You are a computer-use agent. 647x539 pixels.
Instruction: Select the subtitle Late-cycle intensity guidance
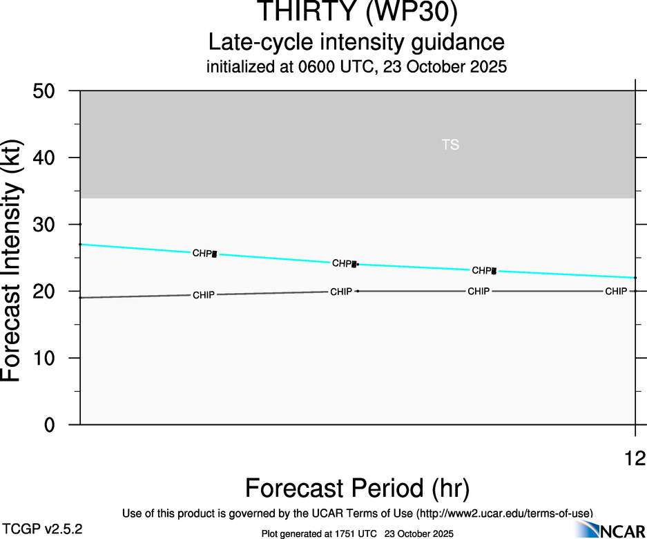pyautogui.click(x=356, y=42)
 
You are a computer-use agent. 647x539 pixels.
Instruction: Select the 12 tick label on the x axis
pyautogui.click(x=635, y=457)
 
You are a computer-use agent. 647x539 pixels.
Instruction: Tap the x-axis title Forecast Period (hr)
pyautogui.click(x=357, y=488)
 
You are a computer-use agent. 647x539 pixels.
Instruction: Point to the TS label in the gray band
pyautogui.click(x=450, y=145)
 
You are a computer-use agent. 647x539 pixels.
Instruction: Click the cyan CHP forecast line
pyautogui.click(x=276, y=259)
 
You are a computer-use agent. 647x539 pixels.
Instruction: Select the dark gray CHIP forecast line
pyautogui.click(x=276, y=293)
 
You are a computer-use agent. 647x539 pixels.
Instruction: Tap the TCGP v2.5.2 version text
pyautogui.click(x=43, y=529)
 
